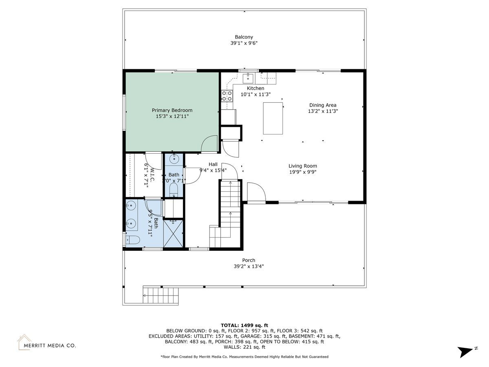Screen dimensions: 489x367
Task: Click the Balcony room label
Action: tap(244, 37)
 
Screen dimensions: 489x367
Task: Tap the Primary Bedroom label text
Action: tap(172, 110)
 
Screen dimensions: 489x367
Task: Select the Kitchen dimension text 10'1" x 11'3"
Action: tap(256, 94)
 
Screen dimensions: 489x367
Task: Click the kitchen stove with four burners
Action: tap(227, 96)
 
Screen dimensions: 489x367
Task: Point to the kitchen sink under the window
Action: tap(248, 78)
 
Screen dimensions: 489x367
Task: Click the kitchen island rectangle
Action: tap(273, 118)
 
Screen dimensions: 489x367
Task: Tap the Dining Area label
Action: tap(323, 105)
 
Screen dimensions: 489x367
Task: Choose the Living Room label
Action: tap(302, 166)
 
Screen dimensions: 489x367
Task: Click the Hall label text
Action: tap(213, 164)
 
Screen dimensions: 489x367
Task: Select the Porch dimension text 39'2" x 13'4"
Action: tap(249, 266)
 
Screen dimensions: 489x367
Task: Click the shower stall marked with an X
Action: tap(173, 233)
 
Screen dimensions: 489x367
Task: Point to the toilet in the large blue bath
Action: tap(133, 240)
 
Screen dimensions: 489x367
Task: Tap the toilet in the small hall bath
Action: tap(174, 190)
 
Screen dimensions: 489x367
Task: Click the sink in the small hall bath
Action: tap(174, 159)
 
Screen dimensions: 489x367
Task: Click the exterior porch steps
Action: tap(161, 296)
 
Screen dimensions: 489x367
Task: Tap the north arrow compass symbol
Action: tap(466, 351)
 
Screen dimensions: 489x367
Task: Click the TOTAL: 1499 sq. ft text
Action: tap(244, 325)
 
